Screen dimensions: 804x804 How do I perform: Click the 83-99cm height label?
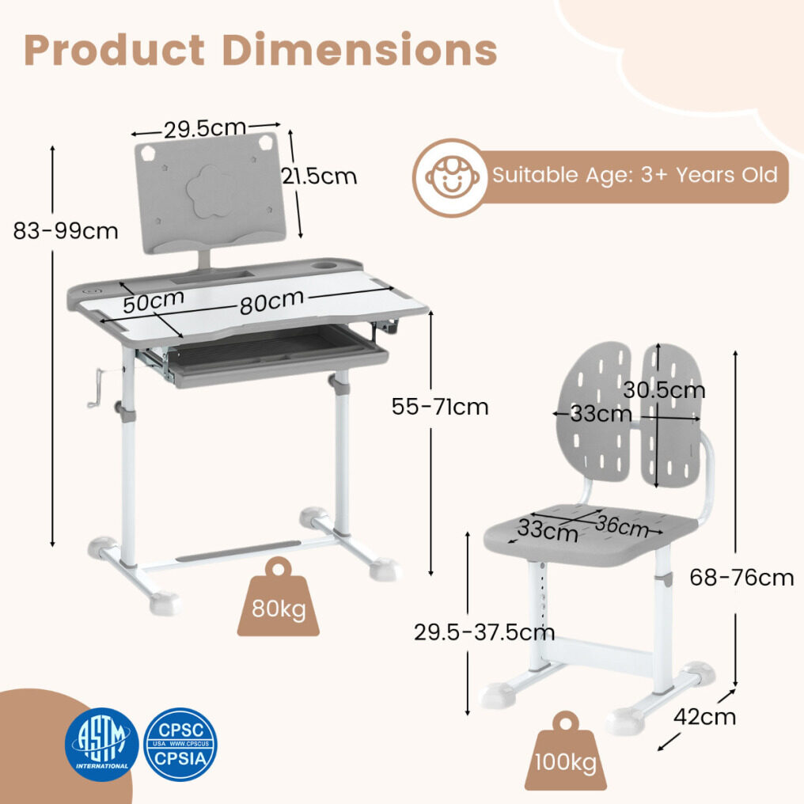coord(66,231)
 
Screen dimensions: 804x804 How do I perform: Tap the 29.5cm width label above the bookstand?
coord(205,128)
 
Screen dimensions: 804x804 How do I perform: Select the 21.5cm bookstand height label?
coord(319,176)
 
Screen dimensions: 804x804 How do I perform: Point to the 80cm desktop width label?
coord(271,302)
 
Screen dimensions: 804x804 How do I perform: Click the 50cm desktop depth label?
coord(154,301)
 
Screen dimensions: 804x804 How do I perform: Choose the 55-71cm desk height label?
coord(440,407)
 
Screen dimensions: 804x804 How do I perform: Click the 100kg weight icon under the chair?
coord(566,751)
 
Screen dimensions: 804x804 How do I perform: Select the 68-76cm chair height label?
coord(741,578)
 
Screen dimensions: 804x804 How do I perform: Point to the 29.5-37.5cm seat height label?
coord(484,631)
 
